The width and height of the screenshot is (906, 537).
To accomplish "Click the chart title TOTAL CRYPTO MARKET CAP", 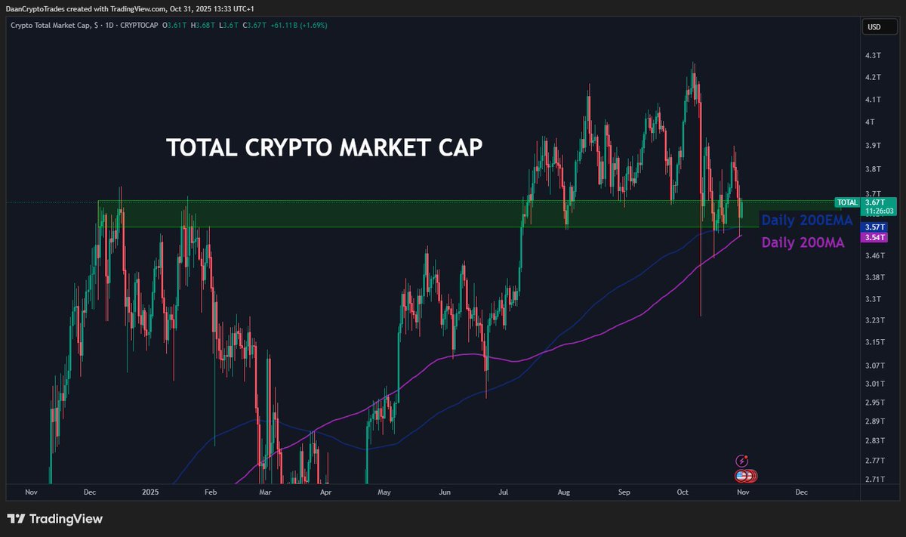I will pyautogui.click(x=324, y=148).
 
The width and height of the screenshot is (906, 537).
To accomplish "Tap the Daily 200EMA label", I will pyautogui.click(x=807, y=221).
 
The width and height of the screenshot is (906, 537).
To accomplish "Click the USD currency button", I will pyautogui.click(x=874, y=27).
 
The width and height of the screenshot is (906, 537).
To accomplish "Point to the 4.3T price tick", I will pyautogui.click(x=874, y=56).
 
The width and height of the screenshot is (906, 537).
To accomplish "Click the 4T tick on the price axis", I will pyautogui.click(x=871, y=122).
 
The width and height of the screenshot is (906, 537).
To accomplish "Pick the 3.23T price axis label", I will pyautogui.click(x=875, y=320).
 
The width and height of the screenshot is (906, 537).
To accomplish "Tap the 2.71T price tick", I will pyautogui.click(x=875, y=479).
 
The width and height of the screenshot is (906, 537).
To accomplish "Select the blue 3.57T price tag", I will pyautogui.click(x=874, y=227).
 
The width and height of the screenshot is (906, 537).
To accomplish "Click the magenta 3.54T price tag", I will pyautogui.click(x=874, y=237).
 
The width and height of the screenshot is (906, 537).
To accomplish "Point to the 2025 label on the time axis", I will pyautogui.click(x=150, y=492).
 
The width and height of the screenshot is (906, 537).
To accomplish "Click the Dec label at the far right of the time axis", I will pyautogui.click(x=801, y=492).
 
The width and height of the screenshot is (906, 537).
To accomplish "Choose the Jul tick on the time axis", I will pyautogui.click(x=503, y=492).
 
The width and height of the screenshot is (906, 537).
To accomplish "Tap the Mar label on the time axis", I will pyautogui.click(x=265, y=492).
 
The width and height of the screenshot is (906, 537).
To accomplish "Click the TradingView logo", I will pyautogui.click(x=54, y=519).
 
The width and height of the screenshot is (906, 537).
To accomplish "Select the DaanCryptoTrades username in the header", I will pyautogui.click(x=39, y=8).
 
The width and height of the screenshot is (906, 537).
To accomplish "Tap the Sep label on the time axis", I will pyautogui.click(x=624, y=492).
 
